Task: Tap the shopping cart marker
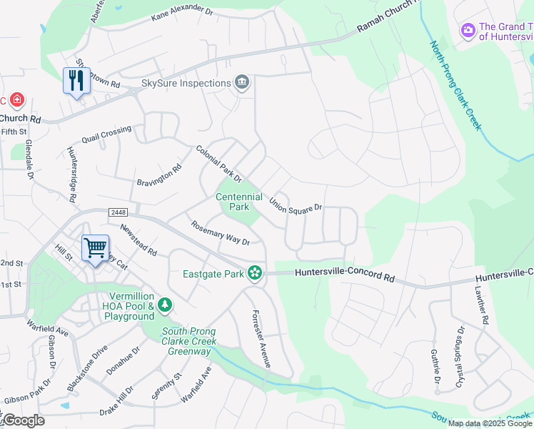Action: (95, 248)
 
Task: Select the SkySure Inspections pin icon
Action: (242, 84)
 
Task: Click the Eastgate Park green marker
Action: (255, 272)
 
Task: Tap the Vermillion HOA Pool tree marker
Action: (165, 306)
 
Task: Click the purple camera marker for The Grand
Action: (468, 30)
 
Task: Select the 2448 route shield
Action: (119, 213)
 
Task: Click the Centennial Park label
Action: (239, 202)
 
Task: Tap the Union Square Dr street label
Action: (296, 202)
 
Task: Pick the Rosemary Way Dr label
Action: (220, 232)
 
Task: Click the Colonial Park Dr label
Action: (219, 164)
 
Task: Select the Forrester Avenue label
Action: (261, 339)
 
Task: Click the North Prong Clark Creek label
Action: (455, 85)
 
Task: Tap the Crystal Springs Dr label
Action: (460, 358)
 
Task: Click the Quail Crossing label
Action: (106, 134)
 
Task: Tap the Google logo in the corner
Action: (23, 420)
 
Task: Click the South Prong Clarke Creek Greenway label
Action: (188, 341)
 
